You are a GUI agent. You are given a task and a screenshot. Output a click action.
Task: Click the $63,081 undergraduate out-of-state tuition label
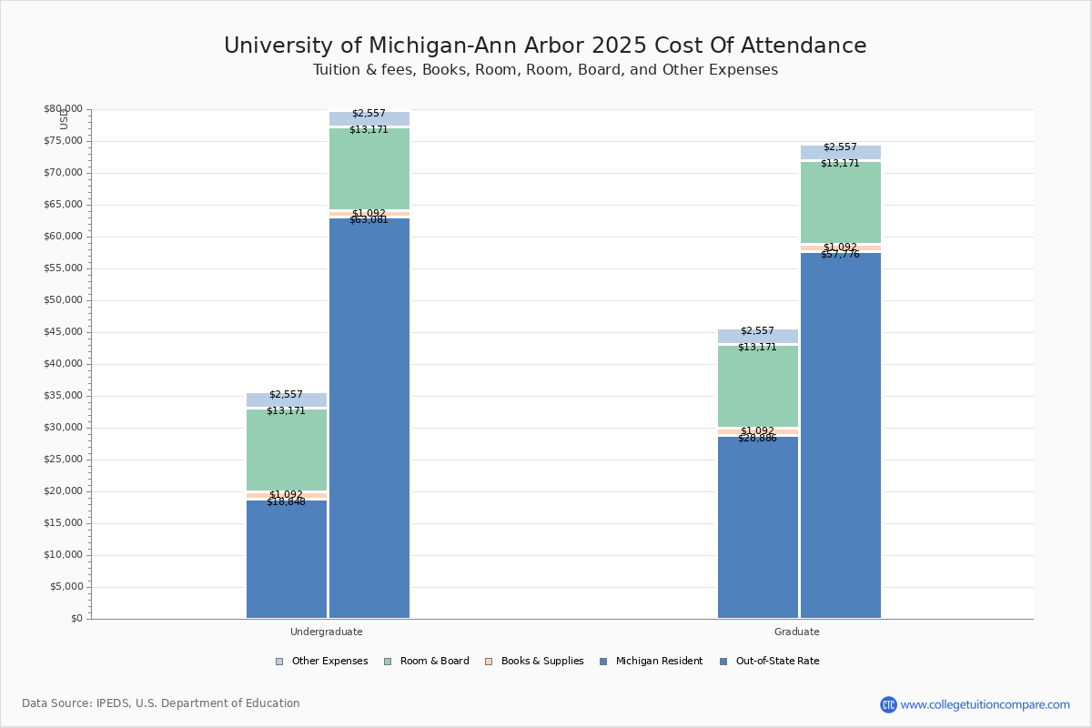click(x=369, y=220)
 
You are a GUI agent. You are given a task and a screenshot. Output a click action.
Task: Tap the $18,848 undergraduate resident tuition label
click(x=286, y=502)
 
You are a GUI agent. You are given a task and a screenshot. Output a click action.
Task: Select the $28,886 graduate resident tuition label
click(x=757, y=439)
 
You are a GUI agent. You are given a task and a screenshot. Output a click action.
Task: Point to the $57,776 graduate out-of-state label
click(x=840, y=255)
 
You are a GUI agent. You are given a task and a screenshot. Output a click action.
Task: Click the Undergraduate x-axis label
click(x=327, y=632)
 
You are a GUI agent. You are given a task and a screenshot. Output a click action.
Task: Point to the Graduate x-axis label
click(x=797, y=632)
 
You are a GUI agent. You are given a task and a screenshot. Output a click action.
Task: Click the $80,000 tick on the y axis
click(x=63, y=109)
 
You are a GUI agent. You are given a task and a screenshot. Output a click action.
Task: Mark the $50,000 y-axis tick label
click(x=63, y=300)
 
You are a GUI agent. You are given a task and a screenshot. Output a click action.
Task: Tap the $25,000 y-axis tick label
click(x=63, y=460)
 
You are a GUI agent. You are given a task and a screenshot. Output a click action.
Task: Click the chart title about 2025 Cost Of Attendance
click(x=545, y=46)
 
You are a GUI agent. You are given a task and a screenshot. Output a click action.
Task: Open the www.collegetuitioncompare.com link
click(x=985, y=704)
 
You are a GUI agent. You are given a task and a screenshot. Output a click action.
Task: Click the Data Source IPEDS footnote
click(x=161, y=703)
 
